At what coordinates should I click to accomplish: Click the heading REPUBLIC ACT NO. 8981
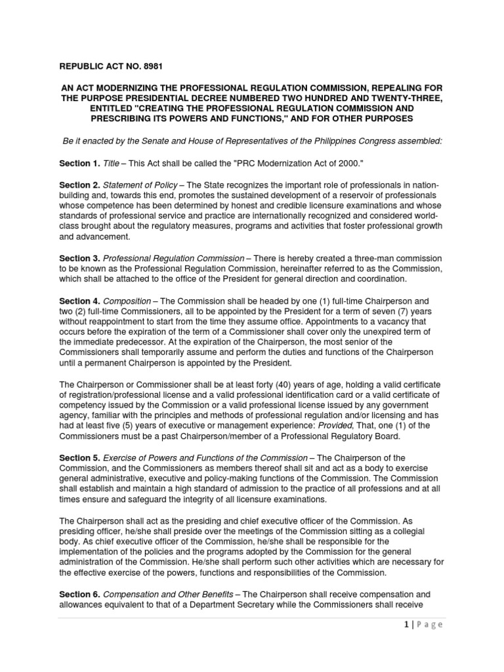(x=111, y=66)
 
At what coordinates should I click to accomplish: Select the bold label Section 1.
(x=79, y=163)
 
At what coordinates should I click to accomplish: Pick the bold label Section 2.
(x=79, y=186)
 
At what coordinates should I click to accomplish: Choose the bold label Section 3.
(x=79, y=259)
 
